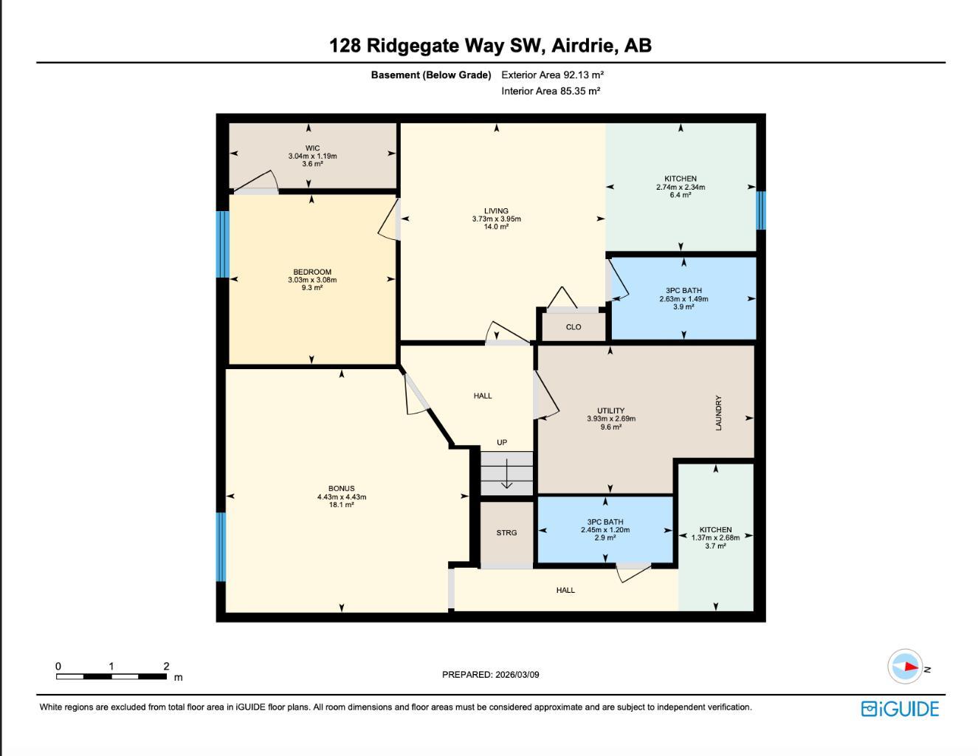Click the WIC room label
point(312,148)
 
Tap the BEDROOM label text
point(312,272)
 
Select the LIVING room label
point(496,211)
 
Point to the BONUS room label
point(341,488)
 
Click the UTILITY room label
point(610,410)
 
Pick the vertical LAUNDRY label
point(718,413)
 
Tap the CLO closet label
point(574,327)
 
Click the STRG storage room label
point(506,532)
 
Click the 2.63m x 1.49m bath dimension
point(683,299)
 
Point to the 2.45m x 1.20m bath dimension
point(605,530)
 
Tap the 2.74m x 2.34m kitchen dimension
point(681,187)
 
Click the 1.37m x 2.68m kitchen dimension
point(715,537)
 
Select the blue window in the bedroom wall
point(222,244)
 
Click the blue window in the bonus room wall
point(221,547)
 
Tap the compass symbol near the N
point(905,667)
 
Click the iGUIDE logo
point(900,709)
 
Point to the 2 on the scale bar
point(166,666)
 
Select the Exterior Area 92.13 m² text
point(552,75)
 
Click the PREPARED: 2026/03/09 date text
point(490,674)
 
